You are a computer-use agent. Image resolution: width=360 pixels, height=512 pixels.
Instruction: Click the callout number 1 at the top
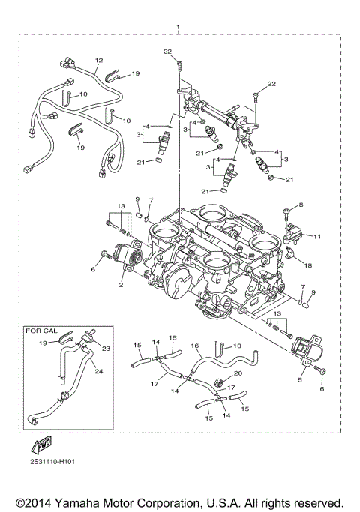(178, 27)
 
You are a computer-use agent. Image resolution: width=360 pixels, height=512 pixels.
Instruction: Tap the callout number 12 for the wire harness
(98, 60)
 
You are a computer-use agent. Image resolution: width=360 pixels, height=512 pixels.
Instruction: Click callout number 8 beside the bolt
(301, 204)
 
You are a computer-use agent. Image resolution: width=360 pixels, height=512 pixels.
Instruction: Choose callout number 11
(317, 236)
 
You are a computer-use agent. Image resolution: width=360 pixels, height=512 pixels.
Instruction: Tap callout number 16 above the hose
(195, 348)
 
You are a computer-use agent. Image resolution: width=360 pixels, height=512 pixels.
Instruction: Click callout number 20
(238, 373)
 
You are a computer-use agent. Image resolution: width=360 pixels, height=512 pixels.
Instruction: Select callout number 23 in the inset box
(105, 348)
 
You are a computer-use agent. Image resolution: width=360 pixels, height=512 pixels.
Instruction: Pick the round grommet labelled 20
(219, 385)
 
